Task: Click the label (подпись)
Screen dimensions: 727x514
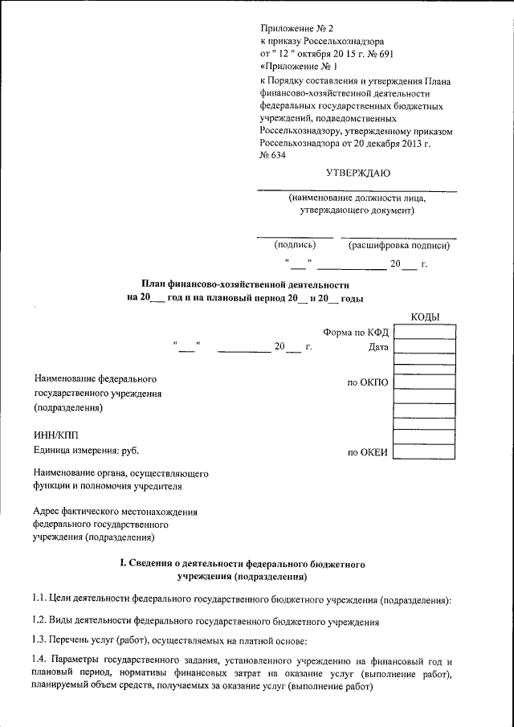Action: click(x=295, y=246)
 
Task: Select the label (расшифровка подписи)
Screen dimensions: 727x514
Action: click(x=398, y=246)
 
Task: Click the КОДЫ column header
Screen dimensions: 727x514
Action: click(x=425, y=317)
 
